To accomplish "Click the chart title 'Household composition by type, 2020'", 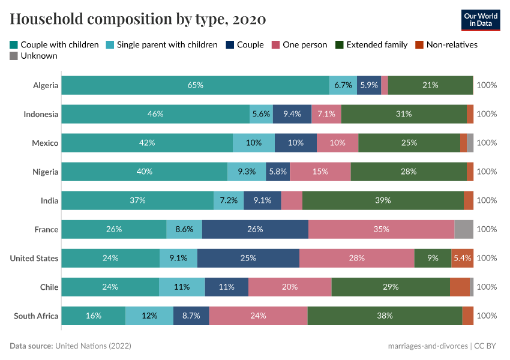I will point(138,19).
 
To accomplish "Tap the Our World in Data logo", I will point(481,19).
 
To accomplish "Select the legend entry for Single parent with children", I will point(161,44).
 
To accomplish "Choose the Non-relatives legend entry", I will point(446,44).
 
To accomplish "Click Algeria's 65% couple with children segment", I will point(195,85).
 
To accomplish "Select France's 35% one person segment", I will point(381,229).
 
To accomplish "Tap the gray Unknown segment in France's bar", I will point(464,229).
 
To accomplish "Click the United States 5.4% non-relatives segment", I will point(462,258).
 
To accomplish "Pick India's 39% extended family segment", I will point(383,200).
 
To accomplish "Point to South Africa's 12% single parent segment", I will point(149,316).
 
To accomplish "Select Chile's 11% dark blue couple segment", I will point(226,287).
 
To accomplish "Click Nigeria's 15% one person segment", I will point(320,172).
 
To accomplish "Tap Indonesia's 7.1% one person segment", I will point(326,114).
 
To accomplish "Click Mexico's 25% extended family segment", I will point(409,143).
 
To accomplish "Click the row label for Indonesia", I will point(41,114).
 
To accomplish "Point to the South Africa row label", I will point(36,316).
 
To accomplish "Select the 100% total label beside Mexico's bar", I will point(487,143).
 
